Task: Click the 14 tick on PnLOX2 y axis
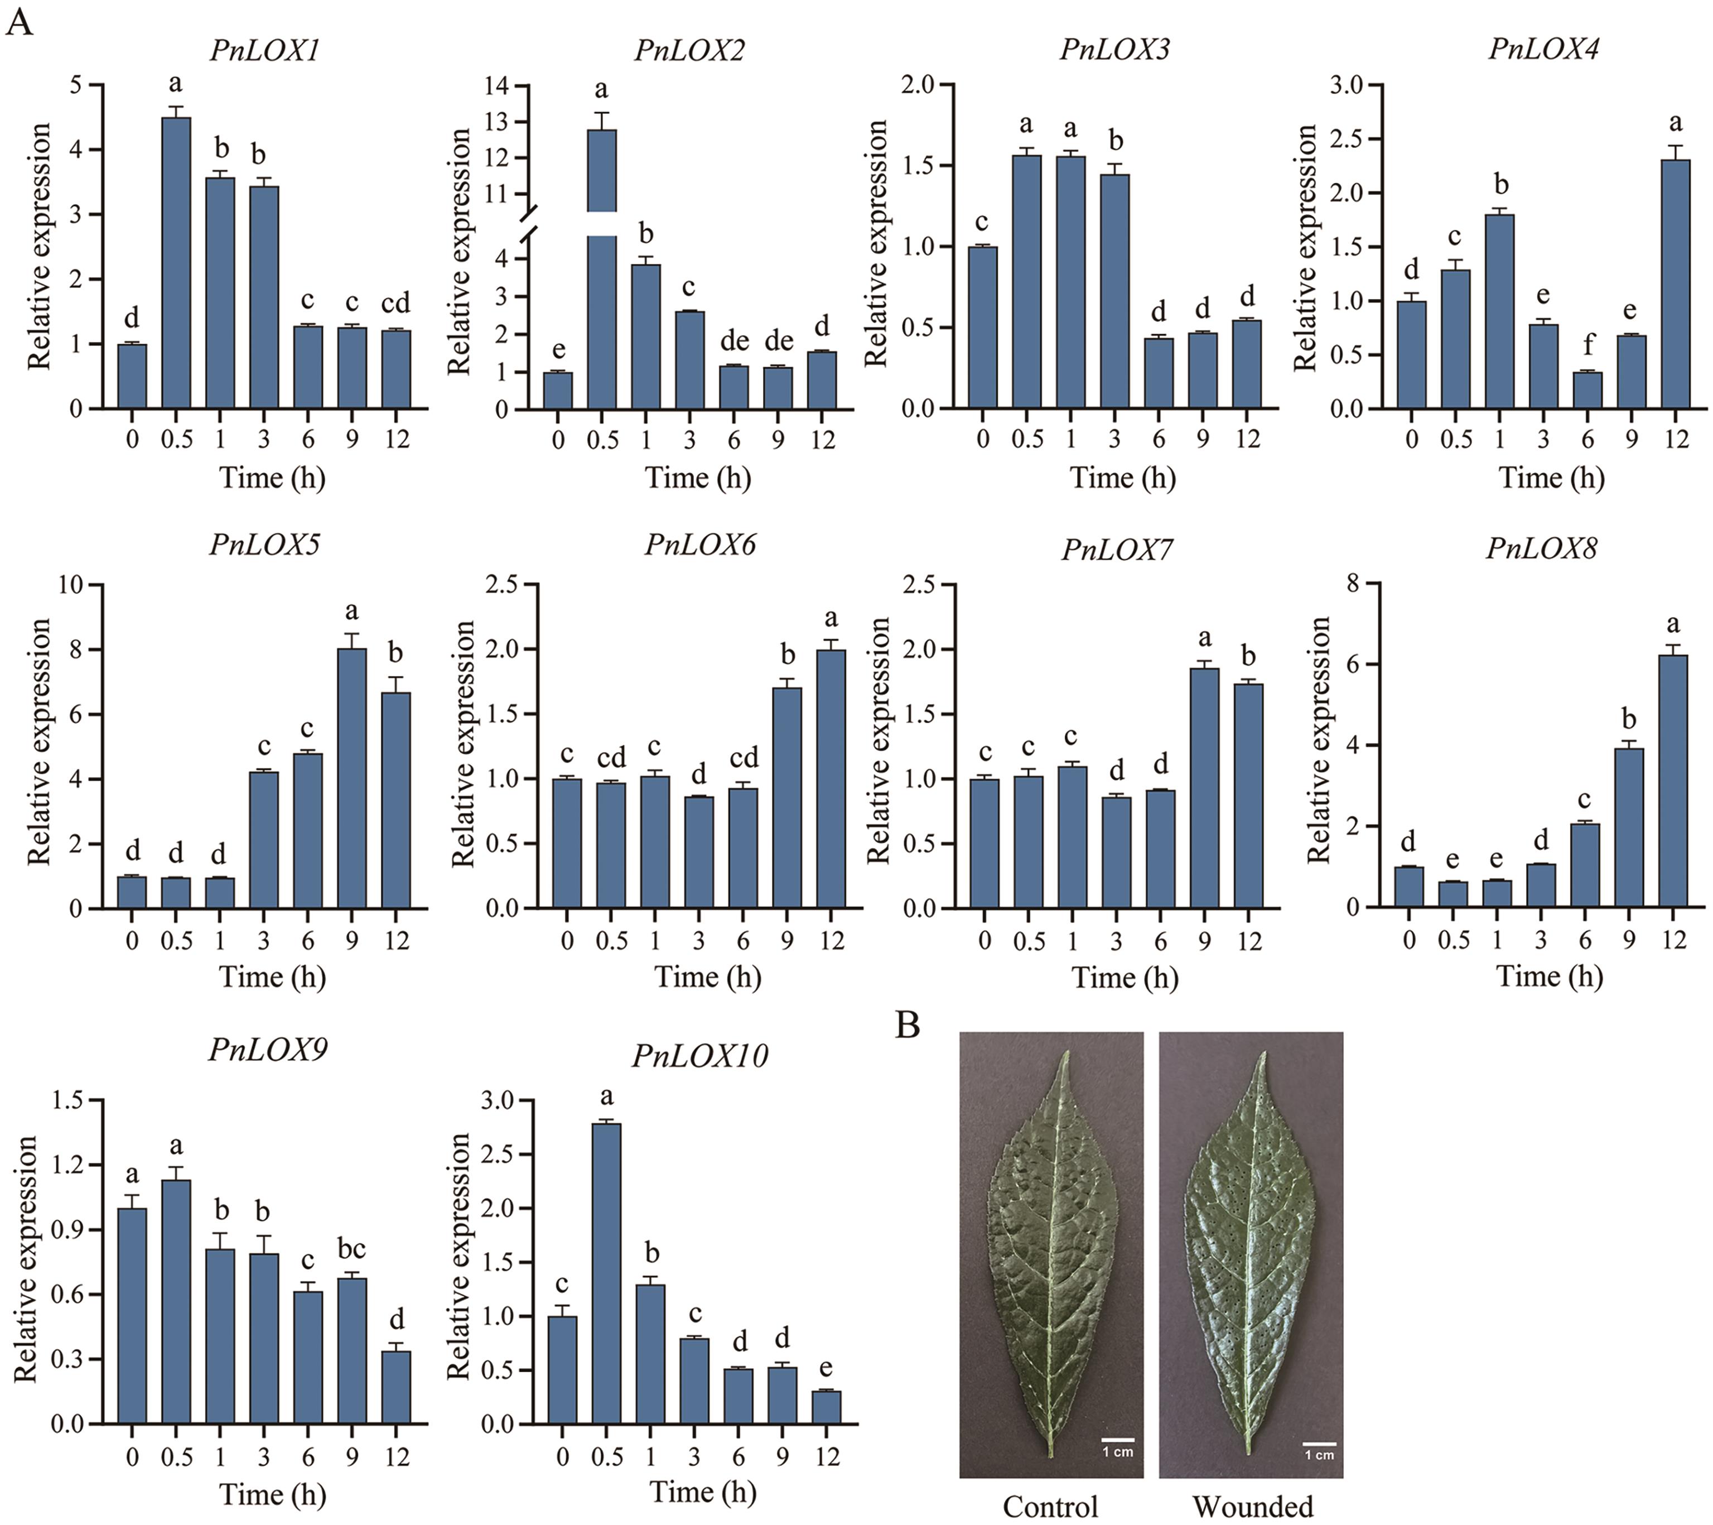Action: (500, 85)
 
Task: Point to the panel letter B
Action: (908, 1024)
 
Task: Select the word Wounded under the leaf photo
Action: (1252, 1507)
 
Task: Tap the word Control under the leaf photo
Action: (1050, 1507)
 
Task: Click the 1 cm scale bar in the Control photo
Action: (1117, 1440)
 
